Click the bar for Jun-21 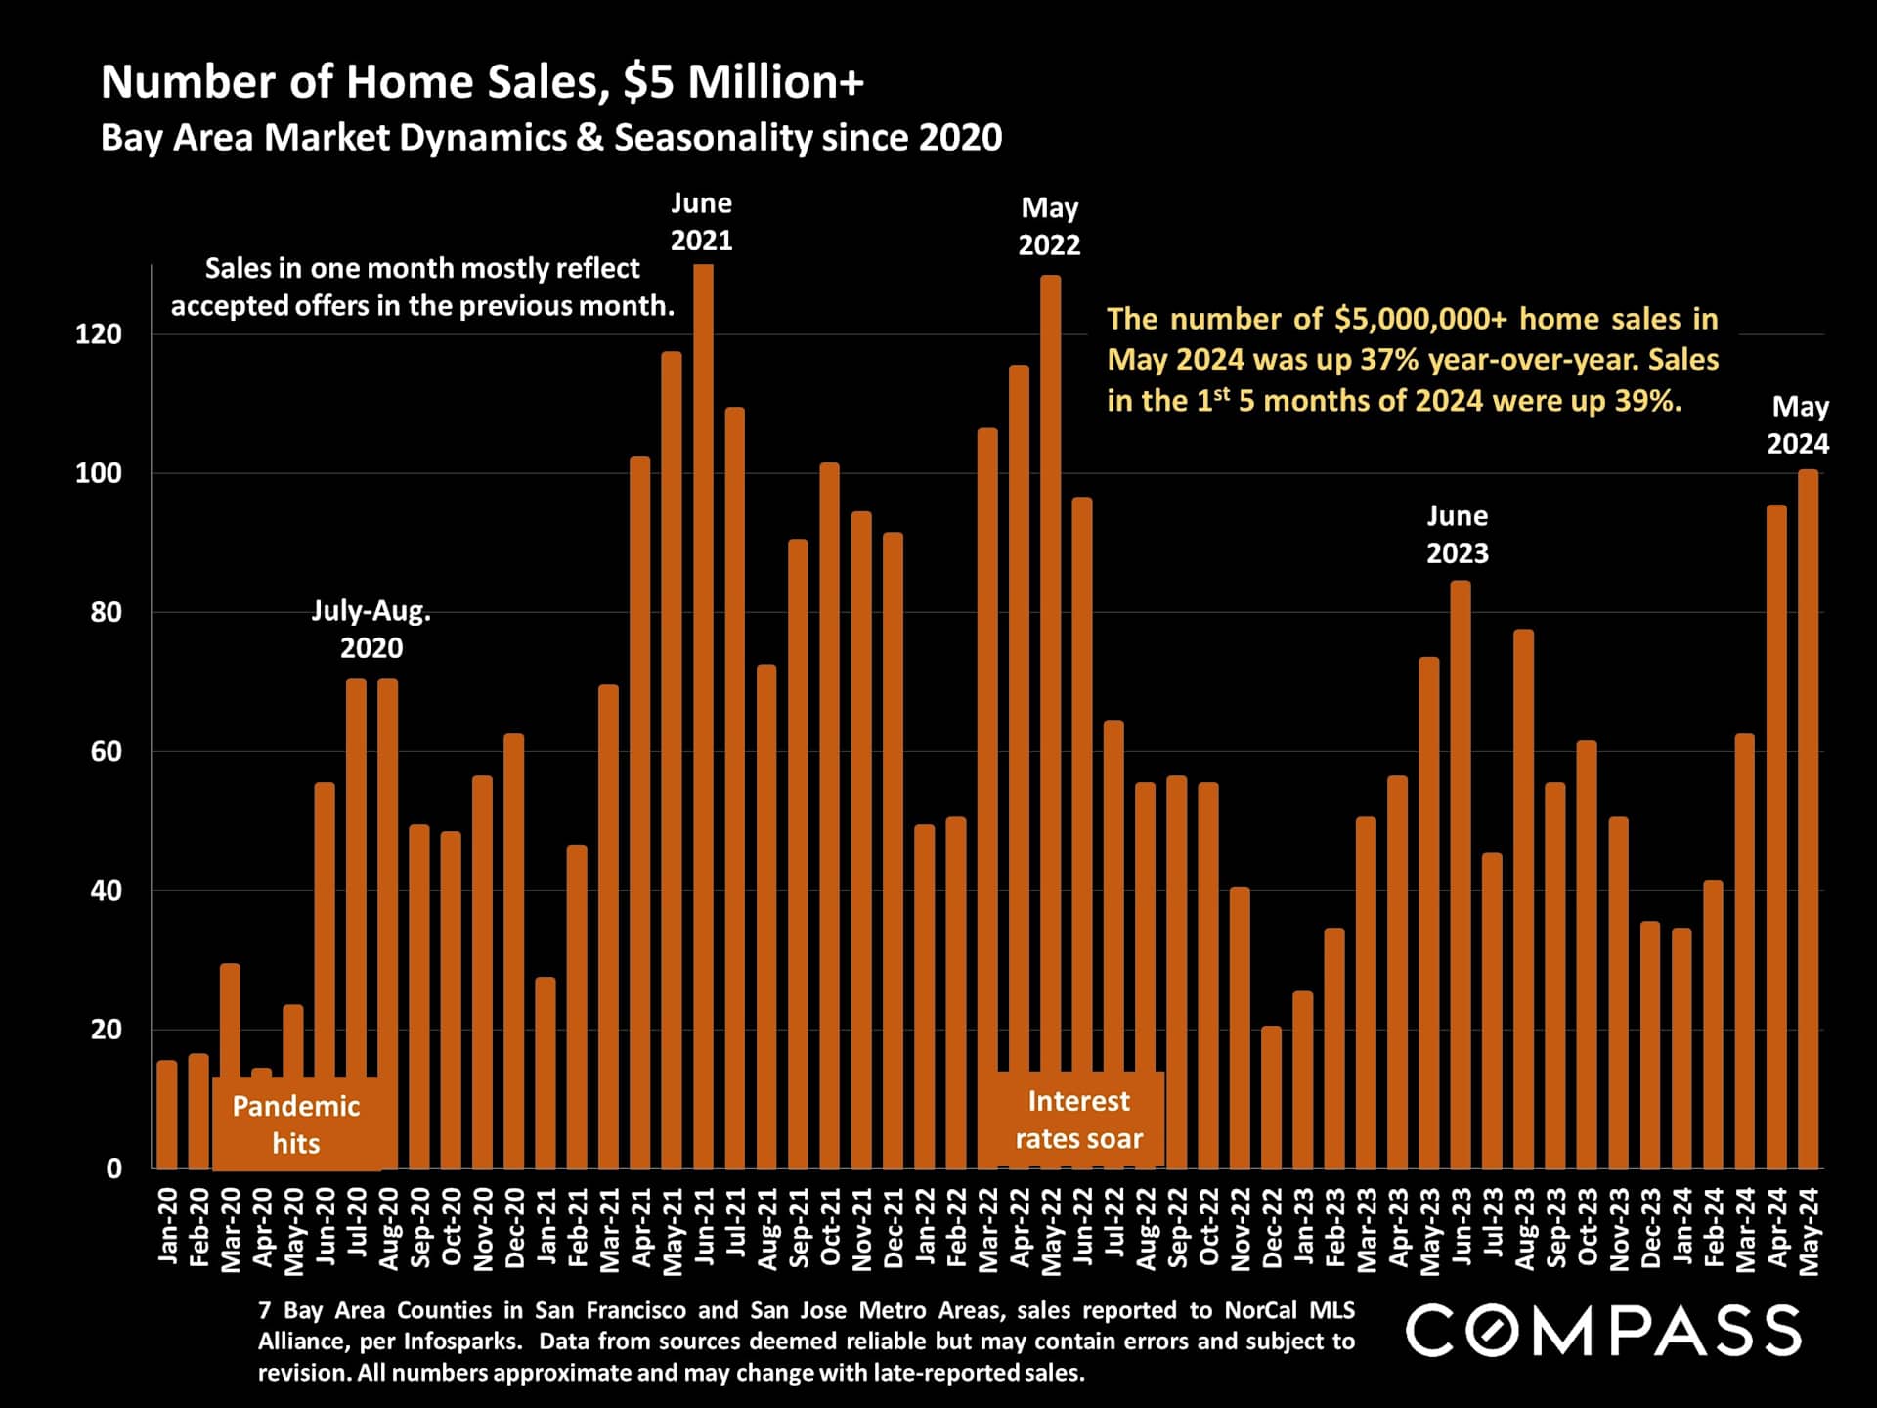click(x=703, y=714)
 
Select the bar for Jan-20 click(x=167, y=1115)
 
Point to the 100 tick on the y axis click(x=99, y=473)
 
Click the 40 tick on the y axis click(x=106, y=891)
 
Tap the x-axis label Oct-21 click(x=830, y=1227)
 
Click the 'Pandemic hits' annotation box click(x=296, y=1124)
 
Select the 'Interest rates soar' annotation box click(x=1078, y=1120)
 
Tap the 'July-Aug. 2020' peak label click(x=371, y=629)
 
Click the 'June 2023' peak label click(x=1457, y=534)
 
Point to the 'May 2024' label click(x=1799, y=424)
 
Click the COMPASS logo click(x=1602, y=1331)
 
